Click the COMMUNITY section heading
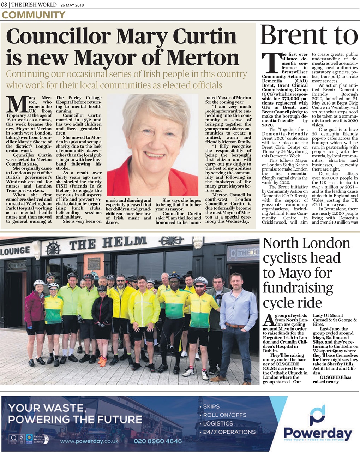click(34, 15)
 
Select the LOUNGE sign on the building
click(15, 251)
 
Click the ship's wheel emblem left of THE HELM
click(53, 248)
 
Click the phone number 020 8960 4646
click(158, 441)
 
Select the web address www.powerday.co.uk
click(89, 441)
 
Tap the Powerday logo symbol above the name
click(317, 415)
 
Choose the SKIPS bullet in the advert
click(211, 406)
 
